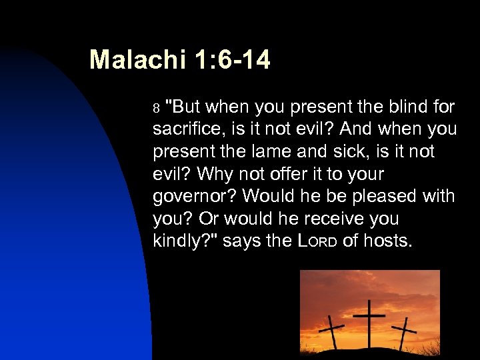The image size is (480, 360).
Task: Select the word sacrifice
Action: (x=188, y=129)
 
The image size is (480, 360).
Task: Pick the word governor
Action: (x=193, y=196)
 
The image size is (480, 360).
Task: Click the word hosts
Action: (x=386, y=241)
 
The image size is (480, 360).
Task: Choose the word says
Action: (x=240, y=241)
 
